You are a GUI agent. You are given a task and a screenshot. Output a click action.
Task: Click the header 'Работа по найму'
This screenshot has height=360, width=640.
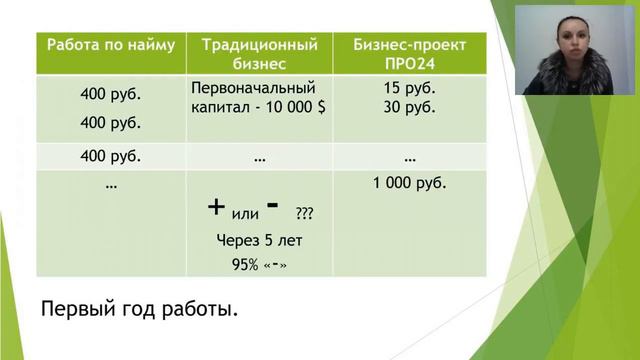[110, 45]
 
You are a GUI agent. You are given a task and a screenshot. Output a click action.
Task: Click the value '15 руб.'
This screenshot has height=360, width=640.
[409, 87]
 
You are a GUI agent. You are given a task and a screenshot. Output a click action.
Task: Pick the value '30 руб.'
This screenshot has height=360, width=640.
[409, 106]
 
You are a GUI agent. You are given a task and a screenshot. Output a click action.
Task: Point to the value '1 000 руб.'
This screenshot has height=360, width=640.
[409, 184]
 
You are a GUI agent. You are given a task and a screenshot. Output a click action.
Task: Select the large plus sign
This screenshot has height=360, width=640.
[216, 207]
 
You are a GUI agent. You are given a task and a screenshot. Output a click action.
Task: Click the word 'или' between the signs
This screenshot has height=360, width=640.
[245, 213]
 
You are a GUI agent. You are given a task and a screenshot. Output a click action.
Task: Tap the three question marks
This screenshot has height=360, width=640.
[304, 213]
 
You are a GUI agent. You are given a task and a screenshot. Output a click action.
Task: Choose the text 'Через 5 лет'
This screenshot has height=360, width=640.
[259, 240]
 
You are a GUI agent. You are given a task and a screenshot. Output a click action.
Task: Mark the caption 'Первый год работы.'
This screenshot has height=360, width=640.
[140, 309]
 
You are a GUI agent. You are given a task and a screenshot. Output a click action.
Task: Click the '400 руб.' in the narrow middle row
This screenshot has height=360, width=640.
[110, 157]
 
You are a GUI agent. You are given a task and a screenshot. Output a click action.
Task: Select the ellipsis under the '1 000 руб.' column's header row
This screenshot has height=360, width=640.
[409, 158]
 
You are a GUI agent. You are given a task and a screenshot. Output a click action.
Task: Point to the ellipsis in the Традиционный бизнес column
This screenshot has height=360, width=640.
[259, 158]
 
